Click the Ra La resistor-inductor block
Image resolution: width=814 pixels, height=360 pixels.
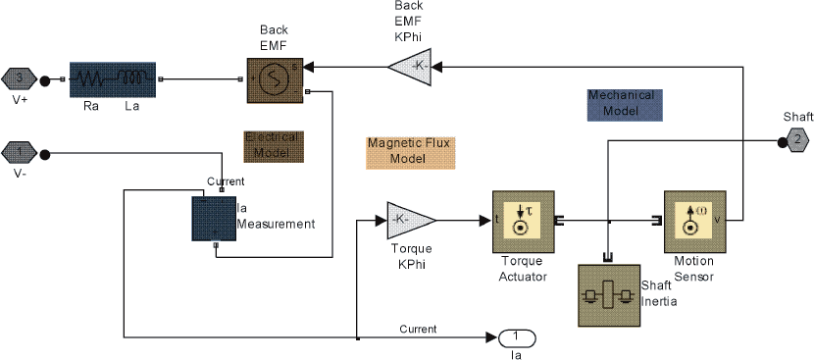(113, 79)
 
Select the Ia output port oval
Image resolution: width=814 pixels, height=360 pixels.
(517, 337)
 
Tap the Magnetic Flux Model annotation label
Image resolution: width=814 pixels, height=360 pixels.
(410, 150)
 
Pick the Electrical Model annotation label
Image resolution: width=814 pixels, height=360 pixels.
(274, 146)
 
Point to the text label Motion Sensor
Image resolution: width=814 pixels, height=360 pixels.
(693, 269)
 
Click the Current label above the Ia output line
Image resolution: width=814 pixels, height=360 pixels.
(418, 329)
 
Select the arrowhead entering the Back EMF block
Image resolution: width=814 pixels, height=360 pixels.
(307, 67)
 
